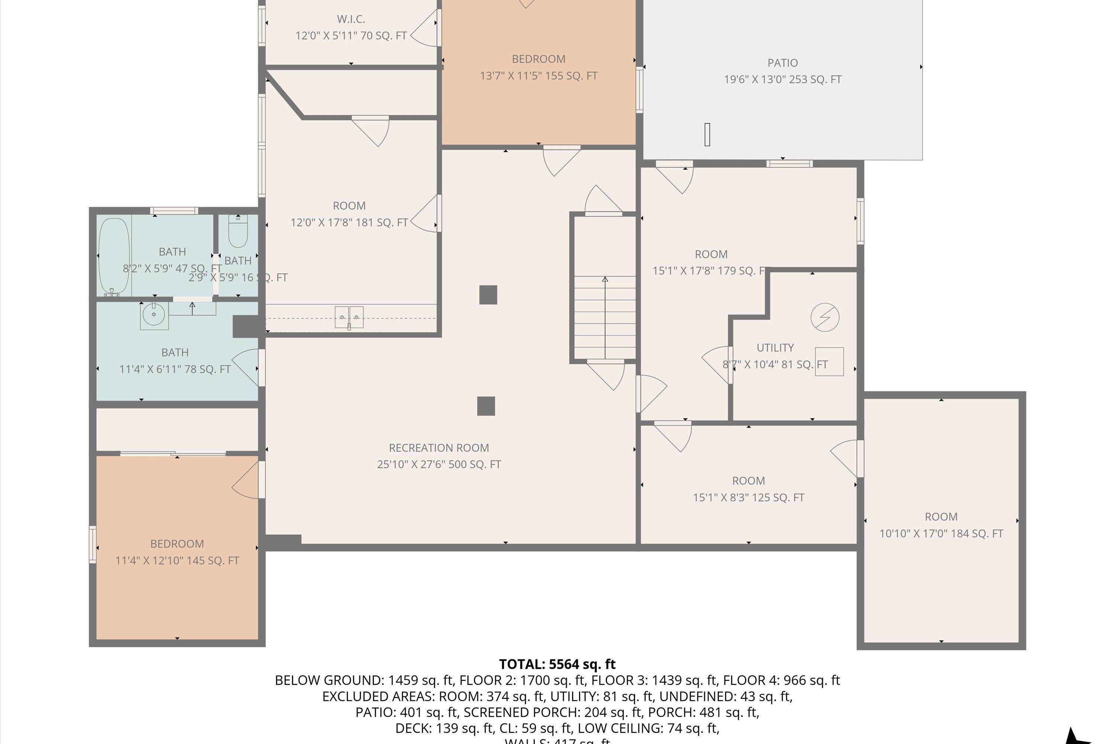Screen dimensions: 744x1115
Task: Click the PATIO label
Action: click(782, 62)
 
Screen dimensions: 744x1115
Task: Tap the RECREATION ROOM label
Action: click(439, 448)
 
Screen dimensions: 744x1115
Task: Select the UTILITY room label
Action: click(775, 347)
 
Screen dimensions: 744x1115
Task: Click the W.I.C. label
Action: click(351, 19)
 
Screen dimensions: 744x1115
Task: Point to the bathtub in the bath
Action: click(114, 256)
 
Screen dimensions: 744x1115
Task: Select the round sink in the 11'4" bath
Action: click(154, 315)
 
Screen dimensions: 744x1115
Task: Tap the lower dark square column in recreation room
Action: click(486, 406)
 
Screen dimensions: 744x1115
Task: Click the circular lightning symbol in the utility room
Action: click(825, 317)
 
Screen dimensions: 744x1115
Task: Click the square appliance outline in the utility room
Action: click(829, 362)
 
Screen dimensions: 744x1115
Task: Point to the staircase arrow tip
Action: click(605, 279)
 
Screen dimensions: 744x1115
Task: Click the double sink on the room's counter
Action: click(349, 317)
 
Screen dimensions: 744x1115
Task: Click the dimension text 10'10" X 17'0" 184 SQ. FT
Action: click(941, 533)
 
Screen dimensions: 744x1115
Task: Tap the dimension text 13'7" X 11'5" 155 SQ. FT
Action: click(539, 76)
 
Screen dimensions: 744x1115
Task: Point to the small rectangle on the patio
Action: click(707, 134)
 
